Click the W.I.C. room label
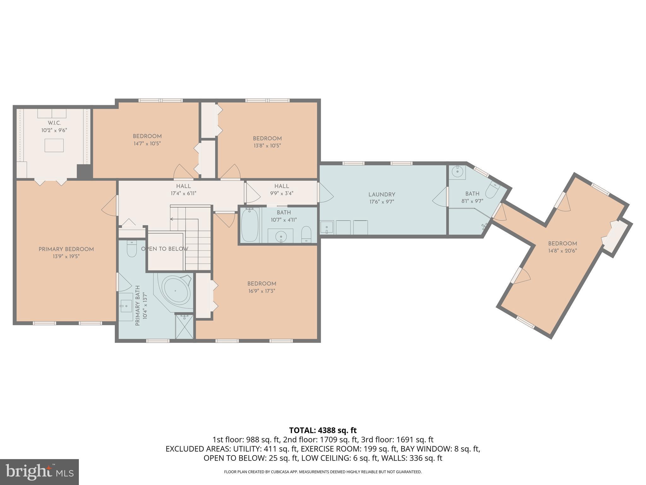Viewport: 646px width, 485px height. (54, 123)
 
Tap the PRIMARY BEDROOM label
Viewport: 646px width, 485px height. (66, 249)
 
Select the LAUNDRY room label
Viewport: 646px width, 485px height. (382, 195)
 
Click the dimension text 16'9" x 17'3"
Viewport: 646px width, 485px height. (261, 291)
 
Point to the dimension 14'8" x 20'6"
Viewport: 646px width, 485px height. (562, 251)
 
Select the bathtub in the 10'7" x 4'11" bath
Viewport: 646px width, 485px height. (250, 224)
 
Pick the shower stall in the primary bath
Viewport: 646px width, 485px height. (184, 326)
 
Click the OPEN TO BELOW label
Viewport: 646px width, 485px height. (165, 249)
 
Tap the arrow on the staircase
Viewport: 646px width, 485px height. (172, 219)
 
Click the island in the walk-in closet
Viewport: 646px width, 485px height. (54, 145)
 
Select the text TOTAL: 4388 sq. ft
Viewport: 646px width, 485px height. (323, 430)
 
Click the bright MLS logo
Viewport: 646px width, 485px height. (39, 472)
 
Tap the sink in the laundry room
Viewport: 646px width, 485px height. (327, 227)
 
